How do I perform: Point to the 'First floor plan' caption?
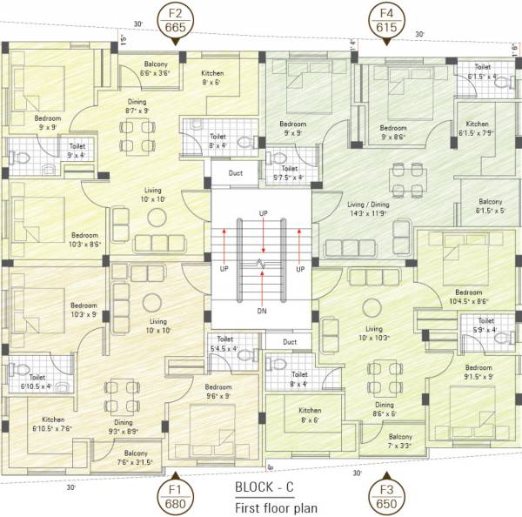coord(277,507)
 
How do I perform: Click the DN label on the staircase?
coord(261,311)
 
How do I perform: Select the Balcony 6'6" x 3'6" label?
coord(156,69)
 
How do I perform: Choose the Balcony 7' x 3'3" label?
coord(400,441)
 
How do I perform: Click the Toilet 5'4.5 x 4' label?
coord(225,345)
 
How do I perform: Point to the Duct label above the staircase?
coord(236,172)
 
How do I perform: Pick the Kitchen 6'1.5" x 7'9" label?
coord(477,129)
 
